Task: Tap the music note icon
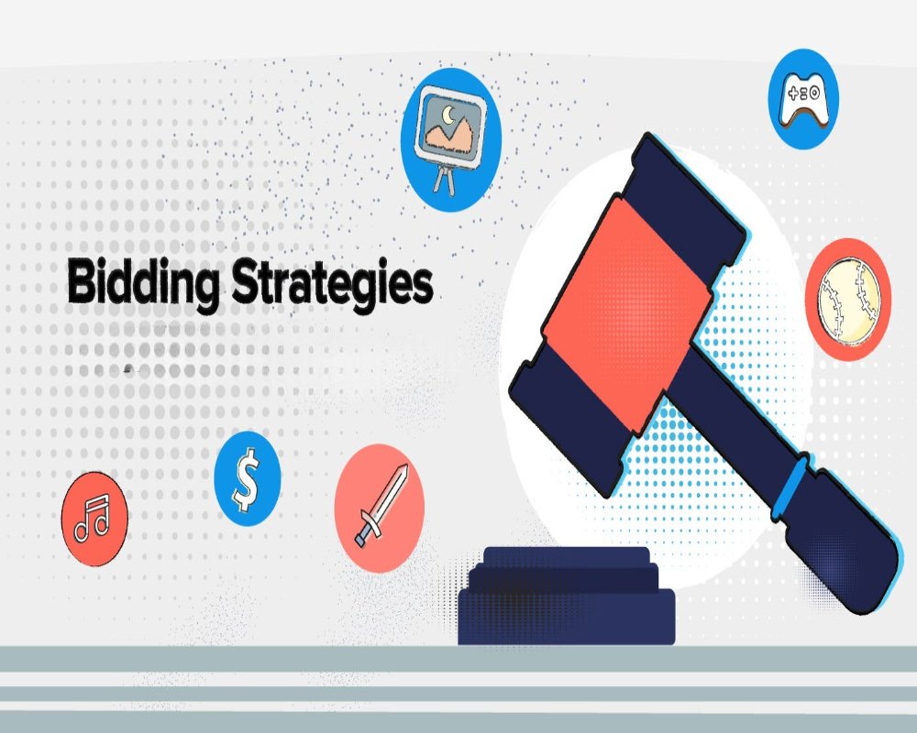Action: tap(92, 518)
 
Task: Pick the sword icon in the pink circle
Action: tap(381, 506)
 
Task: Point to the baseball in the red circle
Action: tap(848, 301)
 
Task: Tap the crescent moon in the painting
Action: tap(448, 115)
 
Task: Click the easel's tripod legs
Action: tap(443, 179)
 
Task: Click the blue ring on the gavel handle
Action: tap(790, 487)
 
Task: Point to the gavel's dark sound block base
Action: tap(566, 596)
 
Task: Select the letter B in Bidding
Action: tap(81, 282)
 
